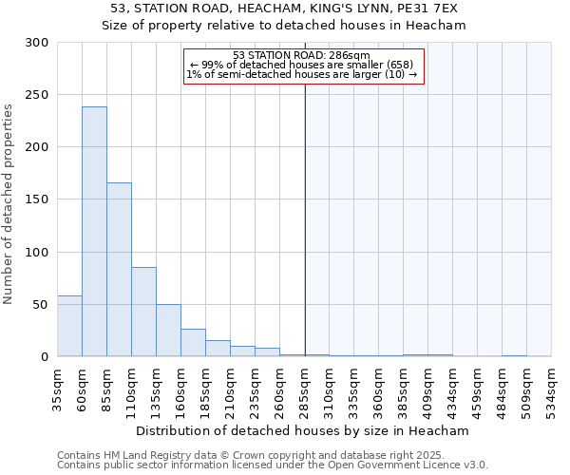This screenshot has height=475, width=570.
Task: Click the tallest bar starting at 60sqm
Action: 94,232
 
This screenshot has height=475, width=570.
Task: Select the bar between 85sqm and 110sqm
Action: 119,270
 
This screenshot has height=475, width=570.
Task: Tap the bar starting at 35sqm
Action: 69,326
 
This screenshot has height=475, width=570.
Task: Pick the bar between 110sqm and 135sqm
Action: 143,312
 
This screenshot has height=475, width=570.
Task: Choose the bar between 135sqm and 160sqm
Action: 168,330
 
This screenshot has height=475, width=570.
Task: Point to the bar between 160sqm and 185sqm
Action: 193,342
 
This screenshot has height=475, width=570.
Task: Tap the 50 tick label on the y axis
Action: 40,305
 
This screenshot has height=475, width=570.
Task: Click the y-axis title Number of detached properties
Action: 9,204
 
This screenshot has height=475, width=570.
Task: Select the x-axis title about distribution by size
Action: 304,430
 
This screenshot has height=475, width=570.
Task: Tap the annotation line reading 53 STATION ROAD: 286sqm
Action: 301,55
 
